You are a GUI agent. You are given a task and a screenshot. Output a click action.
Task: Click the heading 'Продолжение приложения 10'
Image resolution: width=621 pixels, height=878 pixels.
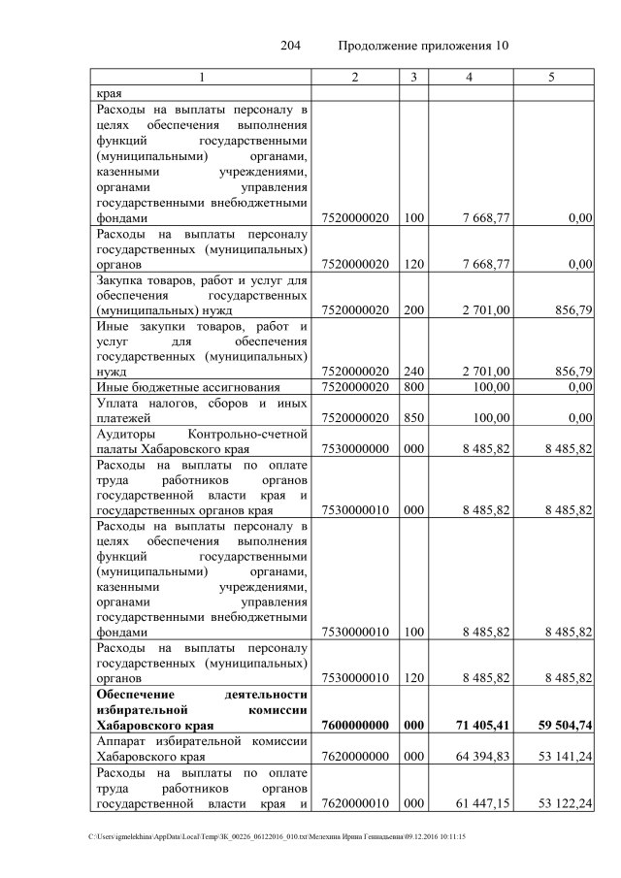(423, 46)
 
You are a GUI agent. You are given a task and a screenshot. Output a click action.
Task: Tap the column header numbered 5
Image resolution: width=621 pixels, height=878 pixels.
(551, 77)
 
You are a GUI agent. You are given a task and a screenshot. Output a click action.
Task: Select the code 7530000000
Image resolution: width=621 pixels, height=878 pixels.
(355, 449)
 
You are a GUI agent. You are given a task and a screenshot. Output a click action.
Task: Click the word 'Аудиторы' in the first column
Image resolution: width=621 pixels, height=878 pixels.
(124, 434)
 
